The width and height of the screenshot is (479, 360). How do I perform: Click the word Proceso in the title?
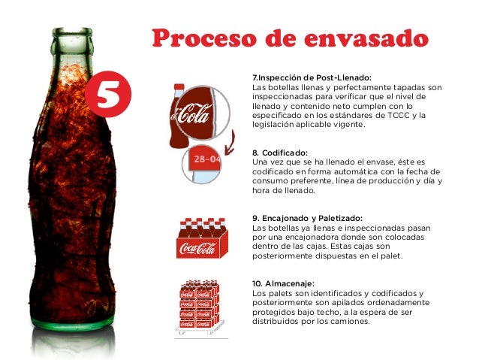pos(203,38)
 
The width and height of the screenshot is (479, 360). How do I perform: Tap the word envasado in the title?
pos(366,38)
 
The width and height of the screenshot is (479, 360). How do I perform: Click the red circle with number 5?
pos(108,94)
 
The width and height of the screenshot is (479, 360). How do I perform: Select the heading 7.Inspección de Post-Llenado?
pos(312,77)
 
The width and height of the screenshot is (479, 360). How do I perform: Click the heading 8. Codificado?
pos(280,153)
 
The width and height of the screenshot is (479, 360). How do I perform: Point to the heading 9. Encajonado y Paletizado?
pos(307,219)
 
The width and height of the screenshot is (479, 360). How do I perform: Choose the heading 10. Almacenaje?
pos(283,283)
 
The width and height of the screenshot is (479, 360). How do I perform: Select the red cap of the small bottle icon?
pos(179,87)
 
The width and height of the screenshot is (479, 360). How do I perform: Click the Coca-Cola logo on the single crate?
pos(198,248)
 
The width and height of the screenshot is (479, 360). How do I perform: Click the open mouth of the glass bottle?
pos(72,30)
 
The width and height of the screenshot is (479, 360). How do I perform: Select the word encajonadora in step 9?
pos(312,237)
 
